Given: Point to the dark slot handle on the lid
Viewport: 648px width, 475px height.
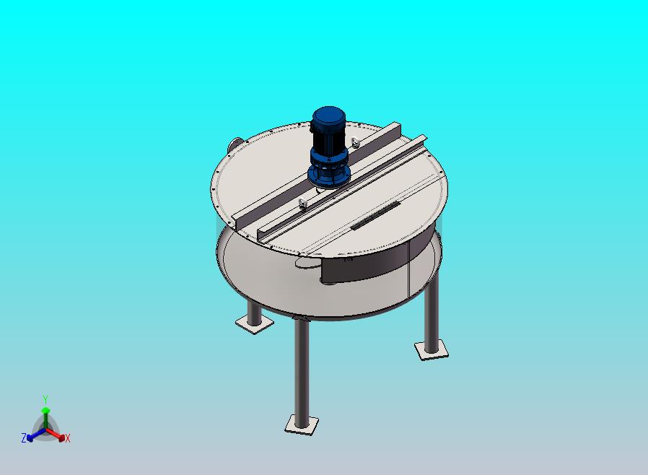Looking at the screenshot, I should pos(375,217).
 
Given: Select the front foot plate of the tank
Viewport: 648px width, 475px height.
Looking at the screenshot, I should pos(301,424).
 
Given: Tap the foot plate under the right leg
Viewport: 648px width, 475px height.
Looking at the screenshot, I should pos(432,351).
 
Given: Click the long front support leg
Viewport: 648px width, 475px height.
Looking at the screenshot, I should pos(302,368).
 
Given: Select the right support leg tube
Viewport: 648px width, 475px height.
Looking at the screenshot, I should pos(432,310).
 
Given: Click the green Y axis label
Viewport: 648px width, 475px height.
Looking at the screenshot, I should pos(45,399).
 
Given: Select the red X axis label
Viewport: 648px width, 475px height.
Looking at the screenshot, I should pos(67,438).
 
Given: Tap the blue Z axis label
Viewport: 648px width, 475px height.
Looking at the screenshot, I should pos(24,437).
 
